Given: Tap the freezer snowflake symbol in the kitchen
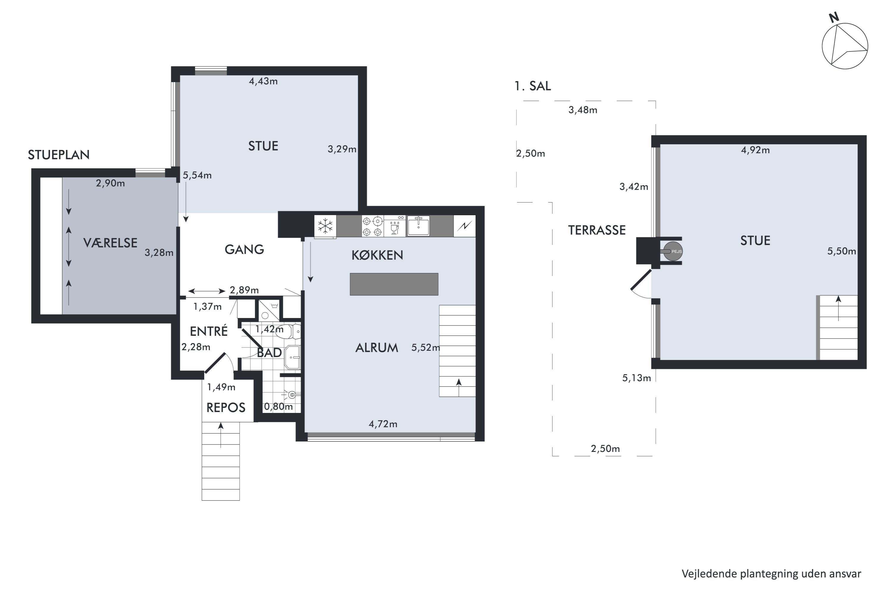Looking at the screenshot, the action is click(x=325, y=226).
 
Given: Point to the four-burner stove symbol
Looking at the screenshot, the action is click(x=372, y=226).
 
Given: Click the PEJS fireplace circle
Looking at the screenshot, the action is click(x=673, y=251).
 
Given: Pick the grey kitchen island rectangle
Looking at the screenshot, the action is click(x=394, y=284).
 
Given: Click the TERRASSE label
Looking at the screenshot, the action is click(x=597, y=230).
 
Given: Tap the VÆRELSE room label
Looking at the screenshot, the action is click(x=110, y=243).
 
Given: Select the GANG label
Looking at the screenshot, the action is click(x=244, y=249).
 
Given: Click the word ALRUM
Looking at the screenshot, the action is click(x=377, y=347).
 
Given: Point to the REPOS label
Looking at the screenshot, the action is click(x=226, y=408).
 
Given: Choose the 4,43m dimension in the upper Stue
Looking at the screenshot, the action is click(x=263, y=81).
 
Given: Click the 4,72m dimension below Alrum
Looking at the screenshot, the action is click(x=383, y=424).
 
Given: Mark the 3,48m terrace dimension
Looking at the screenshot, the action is click(x=583, y=110).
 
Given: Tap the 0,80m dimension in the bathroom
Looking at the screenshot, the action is click(x=278, y=406).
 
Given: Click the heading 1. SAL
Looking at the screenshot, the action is click(x=532, y=86).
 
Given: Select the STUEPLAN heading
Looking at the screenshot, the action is click(x=59, y=155).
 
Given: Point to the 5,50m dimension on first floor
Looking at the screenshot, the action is click(x=842, y=251).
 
